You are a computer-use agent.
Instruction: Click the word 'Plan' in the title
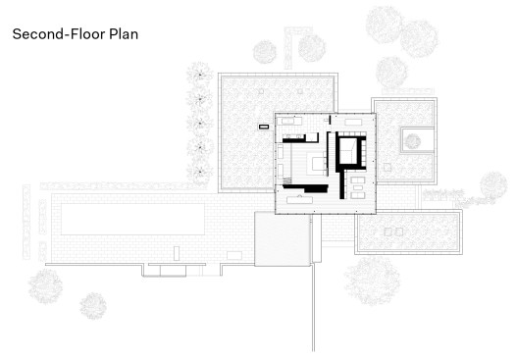tap(124, 34)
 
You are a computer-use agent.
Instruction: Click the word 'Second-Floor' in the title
tap(59, 34)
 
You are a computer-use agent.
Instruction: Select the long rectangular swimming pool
tap(132, 219)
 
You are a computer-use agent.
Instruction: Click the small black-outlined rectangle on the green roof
tap(264, 127)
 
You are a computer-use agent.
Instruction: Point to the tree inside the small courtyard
tap(413, 141)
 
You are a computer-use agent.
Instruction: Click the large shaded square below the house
tap(283, 238)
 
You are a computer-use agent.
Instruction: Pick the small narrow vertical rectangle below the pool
tap(177, 253)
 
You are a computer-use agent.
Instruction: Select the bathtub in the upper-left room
tap(290, 121)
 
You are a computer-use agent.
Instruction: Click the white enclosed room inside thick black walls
tap(347, 150)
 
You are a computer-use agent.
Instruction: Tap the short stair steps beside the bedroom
tap(287, 180)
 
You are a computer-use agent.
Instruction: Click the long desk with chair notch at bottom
tap(299, 199)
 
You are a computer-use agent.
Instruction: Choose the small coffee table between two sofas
tap(358, 188)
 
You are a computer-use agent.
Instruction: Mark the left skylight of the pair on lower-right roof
tap(388, 231)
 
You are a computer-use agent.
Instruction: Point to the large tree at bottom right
tap(372, 281)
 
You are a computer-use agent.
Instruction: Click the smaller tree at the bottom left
tap(93, 306)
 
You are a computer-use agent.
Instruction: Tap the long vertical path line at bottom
tap(313, 308)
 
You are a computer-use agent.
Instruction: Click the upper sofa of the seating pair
tap(358, 180)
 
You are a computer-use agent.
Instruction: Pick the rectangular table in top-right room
tap(353, 122)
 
